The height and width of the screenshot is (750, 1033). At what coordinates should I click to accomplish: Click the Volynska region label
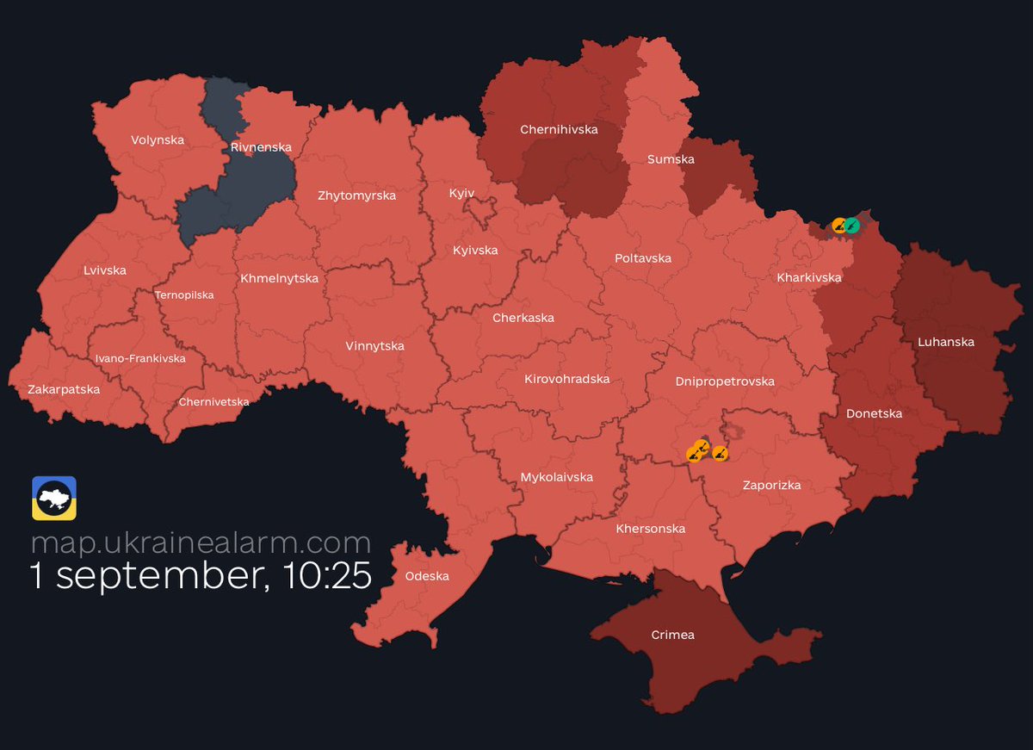click(158, 139)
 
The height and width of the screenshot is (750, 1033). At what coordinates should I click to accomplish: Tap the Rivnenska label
click(261, 147)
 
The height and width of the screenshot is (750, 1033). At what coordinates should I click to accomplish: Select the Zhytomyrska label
click(356, 195)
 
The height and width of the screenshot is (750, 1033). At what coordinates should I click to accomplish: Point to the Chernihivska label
click(559, 129)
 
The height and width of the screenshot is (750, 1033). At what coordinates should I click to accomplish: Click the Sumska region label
click(671, 159)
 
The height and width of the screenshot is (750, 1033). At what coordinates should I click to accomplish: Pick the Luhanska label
click(946, 342)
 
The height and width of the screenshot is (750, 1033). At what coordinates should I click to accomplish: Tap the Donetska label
click(874, 413)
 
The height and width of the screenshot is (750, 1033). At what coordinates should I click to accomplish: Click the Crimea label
click(672, 635)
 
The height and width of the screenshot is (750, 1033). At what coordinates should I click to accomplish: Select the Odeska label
click(427, 576)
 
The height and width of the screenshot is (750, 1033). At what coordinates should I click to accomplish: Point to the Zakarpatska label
click(64, 389)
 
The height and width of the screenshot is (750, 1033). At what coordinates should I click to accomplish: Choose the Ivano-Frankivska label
click(140, 358)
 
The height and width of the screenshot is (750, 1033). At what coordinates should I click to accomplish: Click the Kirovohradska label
click(566, 379)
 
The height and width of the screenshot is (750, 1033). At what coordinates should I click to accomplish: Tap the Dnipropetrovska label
click(725, 381)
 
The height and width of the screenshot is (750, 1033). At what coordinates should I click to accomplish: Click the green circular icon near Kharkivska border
click(851, 226)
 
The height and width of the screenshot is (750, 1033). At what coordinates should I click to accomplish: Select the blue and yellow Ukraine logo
click(54, 498)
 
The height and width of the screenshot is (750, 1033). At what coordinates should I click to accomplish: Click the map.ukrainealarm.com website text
click(201, 542)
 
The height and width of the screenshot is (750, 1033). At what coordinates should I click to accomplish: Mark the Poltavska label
click(643, 258)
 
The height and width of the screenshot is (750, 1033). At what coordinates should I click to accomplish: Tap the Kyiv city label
click(461, 193)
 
